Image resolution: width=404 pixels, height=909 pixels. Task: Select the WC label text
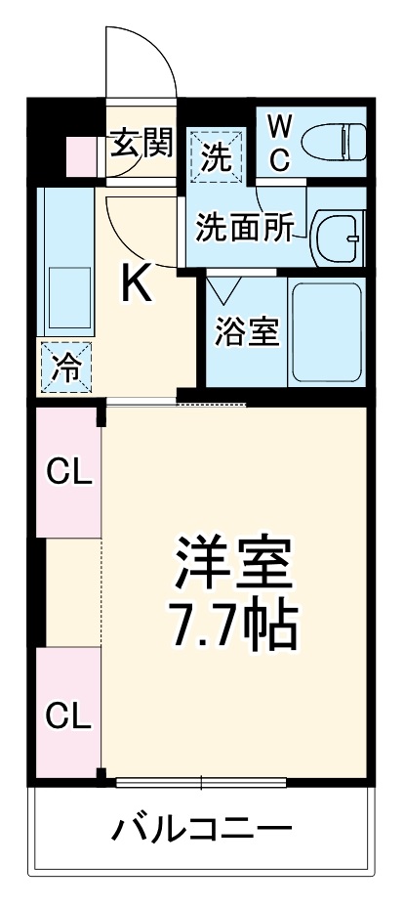[278, 143]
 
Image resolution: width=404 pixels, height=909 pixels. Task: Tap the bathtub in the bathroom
[327, 331]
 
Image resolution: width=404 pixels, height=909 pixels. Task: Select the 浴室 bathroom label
[248, 332]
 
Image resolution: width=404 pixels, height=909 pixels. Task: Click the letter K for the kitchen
[137, 283]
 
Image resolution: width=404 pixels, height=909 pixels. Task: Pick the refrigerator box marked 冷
[67, 368]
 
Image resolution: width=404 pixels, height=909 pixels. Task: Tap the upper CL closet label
[69, 474]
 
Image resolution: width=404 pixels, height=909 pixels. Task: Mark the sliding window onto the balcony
[201, 781]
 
